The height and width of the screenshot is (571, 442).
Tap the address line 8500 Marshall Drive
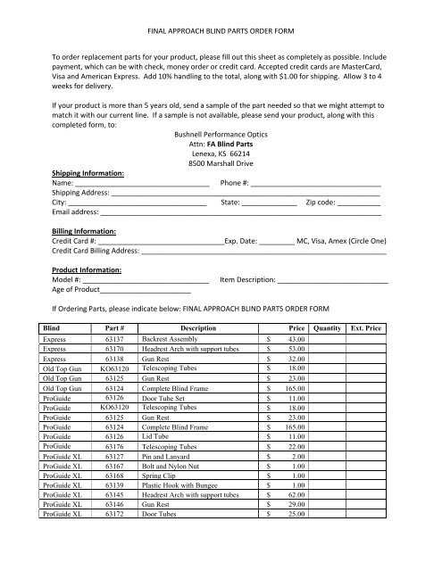221,163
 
